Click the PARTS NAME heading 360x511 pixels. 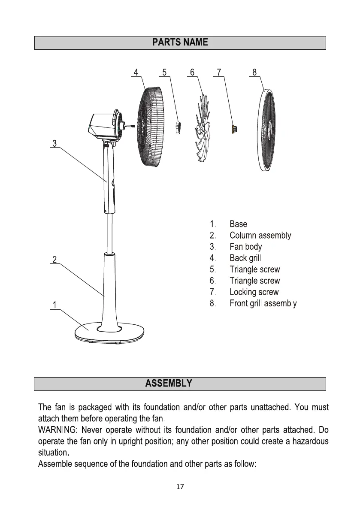click(180, 42)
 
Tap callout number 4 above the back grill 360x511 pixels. click(136, 72)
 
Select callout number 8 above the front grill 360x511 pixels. click(254, 72)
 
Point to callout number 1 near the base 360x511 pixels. click(54, 305)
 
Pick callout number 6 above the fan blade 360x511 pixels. click(192, 72)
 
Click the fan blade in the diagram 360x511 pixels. click(203, 129)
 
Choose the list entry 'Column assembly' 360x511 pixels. click(260, 236)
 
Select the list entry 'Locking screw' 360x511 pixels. click(254, 292)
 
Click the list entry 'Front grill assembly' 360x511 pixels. click(263, 303)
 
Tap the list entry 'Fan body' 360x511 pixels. click(245, 247)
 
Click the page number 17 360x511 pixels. click(180, 487)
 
